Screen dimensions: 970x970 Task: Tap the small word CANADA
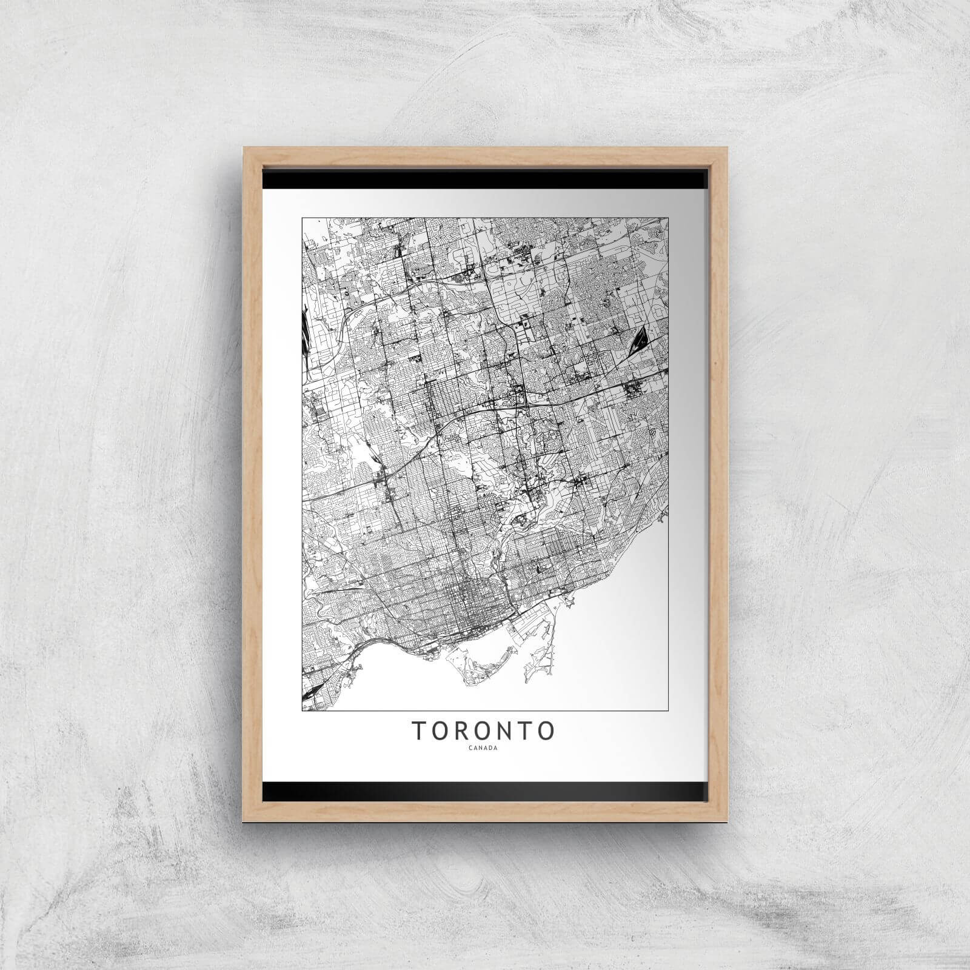[484, 748]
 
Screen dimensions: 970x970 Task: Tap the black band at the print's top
[485, 179]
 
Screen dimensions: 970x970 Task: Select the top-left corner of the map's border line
[302, 216]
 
